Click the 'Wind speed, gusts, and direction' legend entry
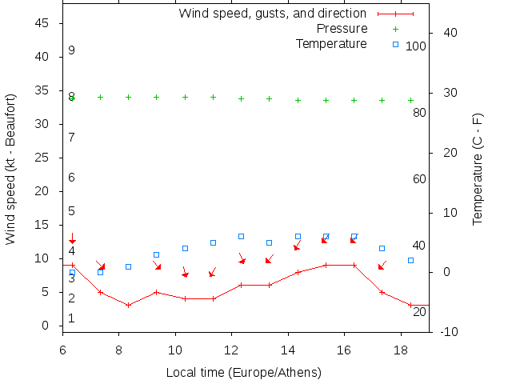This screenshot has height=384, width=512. click(x=272, y=14)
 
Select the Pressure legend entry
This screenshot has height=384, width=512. click(x=342, y=29)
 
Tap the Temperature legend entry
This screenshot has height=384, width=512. click(x=331, y=43)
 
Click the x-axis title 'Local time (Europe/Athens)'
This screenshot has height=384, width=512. click(x=243, y=373)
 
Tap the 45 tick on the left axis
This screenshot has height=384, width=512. click(x=43, y=24)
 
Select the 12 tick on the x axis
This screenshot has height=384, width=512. click(x=231, y=350)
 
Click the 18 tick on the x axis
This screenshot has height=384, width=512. click(x=400, y=350)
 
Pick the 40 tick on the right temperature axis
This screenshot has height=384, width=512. click(x=449, y=33)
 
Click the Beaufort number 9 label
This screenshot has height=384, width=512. click(x=72, y=50)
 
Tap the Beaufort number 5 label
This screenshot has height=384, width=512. click(x=72, y=211)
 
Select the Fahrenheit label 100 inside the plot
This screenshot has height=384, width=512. click(x=416, y=46)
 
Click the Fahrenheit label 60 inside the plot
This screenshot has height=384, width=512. click(x=419, y=179)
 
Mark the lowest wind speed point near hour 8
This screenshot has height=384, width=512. click(x=128, y=305)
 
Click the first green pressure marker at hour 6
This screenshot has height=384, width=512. click(x=72, y=98)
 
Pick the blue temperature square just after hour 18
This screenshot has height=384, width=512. click(x=410, y=260)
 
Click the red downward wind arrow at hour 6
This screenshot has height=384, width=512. click(x=72, y=238)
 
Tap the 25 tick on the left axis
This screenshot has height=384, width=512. click(x=43, y=158)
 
